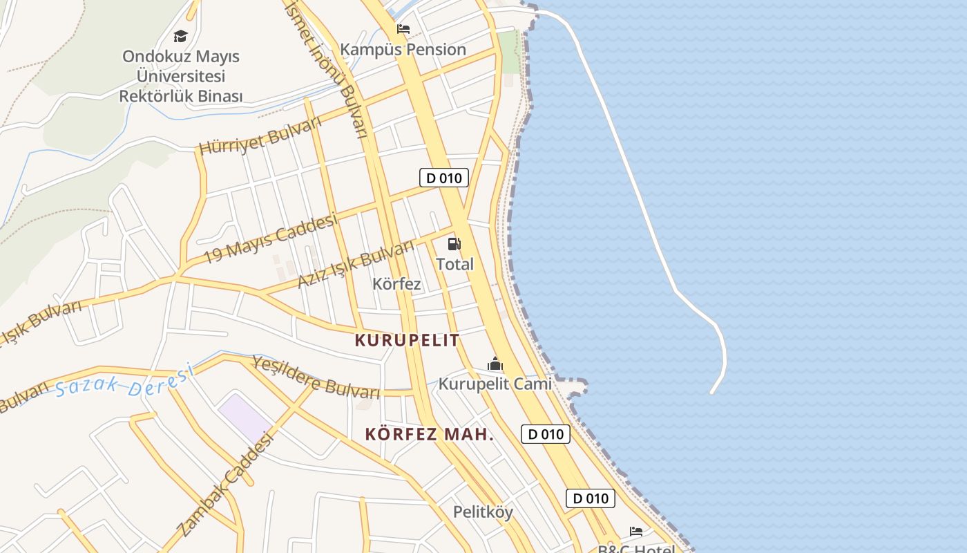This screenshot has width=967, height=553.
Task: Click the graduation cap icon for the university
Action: click(180, 36)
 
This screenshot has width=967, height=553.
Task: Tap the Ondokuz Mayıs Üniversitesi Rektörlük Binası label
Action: click(181, 76)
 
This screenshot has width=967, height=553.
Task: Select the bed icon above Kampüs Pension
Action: click(403, 29)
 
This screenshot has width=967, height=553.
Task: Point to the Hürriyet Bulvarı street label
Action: click(260, 136)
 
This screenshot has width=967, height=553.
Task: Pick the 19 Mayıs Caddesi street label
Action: click(271, 238)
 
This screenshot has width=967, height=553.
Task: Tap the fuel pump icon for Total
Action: click(454, 243)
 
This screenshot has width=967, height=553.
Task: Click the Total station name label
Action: click(454, 264)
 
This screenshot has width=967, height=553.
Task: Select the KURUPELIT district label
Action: click(407, 340)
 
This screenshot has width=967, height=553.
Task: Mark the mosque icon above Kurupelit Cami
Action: click(495, 364)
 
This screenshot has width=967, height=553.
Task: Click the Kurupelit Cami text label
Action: click(495, 384)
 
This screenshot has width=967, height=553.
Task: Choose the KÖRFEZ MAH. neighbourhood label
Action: click(429, 434)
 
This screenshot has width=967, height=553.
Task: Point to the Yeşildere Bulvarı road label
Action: click(316, 377)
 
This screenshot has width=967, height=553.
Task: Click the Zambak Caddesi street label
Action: click(225, 485)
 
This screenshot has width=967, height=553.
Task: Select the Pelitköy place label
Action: click(483, 512)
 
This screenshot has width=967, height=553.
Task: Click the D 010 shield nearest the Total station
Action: click(444, 178)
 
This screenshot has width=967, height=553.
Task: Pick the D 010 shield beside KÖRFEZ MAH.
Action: click(545, 434)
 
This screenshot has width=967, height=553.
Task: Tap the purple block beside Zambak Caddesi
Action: click(245, 417)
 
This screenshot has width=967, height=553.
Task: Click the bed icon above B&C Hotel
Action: click(636, 531)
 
